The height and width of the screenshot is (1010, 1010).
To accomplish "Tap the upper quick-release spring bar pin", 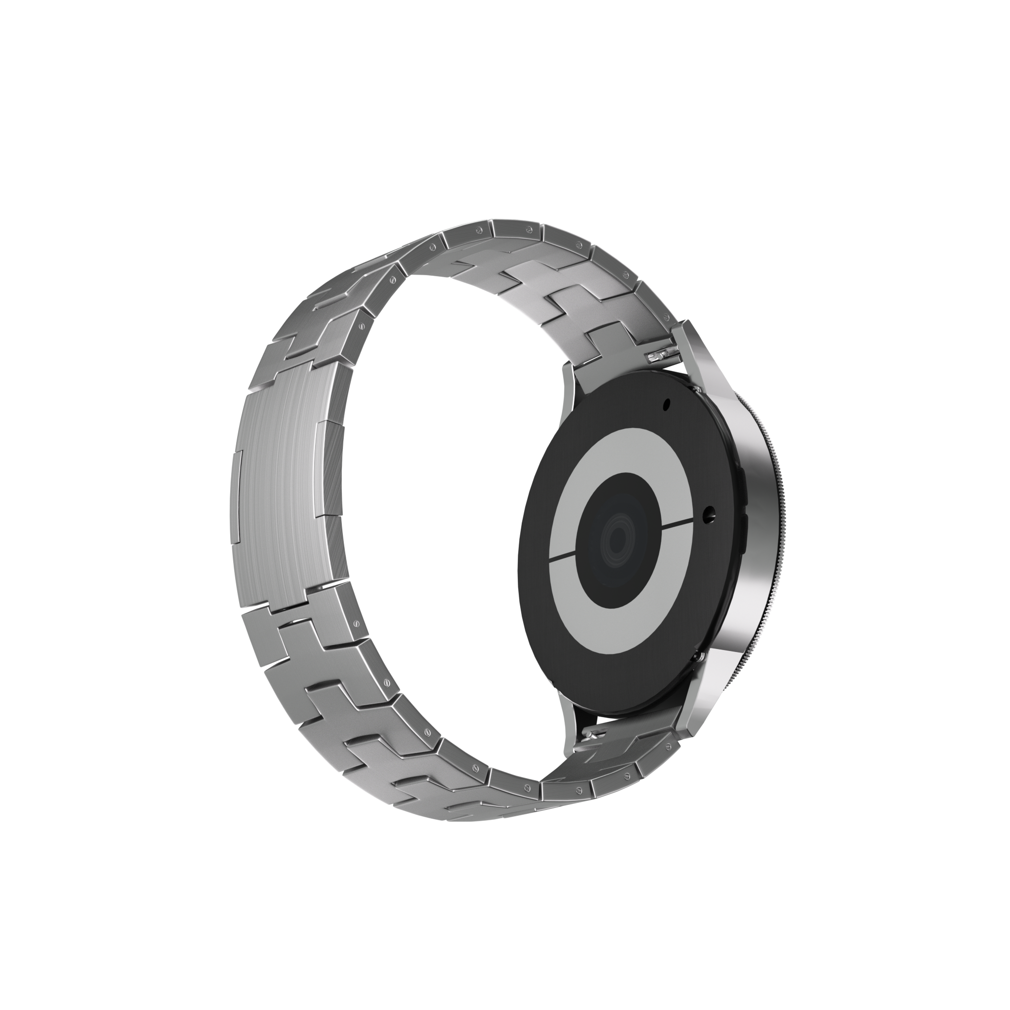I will [660, 356].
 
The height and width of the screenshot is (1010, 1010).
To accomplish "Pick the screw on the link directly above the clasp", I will [360, 325].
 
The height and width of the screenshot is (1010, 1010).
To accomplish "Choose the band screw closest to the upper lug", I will [665, 316].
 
